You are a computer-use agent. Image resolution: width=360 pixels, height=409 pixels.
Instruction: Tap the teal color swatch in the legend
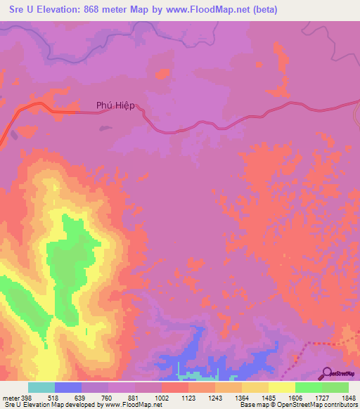point(41,387)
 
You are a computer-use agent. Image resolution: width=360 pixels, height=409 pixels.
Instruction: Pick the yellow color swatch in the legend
point(281,387)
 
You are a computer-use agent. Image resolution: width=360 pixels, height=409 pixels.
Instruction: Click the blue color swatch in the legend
point(68,387)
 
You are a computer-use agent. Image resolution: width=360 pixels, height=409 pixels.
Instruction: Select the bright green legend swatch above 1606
point(308,387)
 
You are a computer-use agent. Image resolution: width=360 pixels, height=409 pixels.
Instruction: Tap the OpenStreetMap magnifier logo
point(327,373)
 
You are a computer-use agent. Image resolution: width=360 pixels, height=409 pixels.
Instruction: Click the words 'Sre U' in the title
point(19,10)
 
